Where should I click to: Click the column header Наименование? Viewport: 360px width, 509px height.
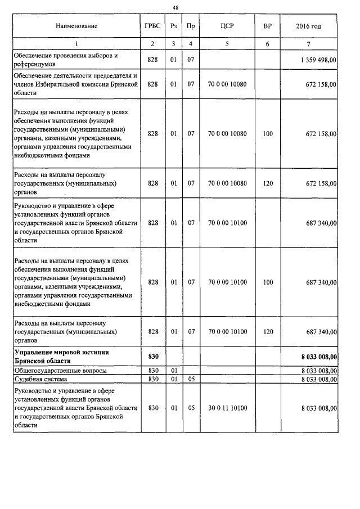76,26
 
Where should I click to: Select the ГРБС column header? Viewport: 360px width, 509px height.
153,26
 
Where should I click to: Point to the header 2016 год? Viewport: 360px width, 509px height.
308,26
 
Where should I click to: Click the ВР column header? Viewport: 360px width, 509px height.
267,26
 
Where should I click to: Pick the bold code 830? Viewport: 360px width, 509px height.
153,357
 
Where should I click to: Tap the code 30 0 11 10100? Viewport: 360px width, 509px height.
227,408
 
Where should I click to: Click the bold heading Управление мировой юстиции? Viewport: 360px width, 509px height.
61,352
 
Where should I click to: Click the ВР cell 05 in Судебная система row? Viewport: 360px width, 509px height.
191,380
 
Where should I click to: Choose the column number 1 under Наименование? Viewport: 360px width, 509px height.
76,44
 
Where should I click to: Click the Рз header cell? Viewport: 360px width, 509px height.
174,26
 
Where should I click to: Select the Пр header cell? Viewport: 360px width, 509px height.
191,26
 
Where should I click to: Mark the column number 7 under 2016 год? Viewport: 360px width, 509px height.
308,44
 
